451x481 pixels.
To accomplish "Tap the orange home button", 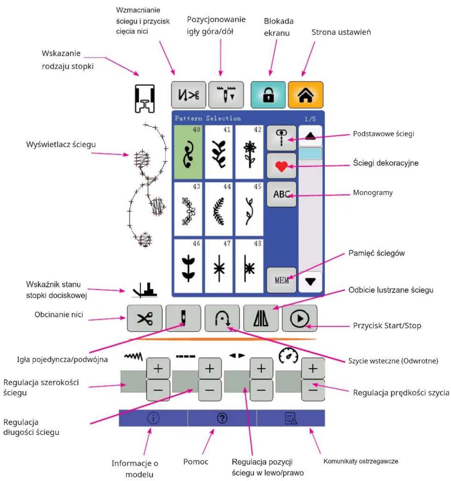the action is click(305, 95).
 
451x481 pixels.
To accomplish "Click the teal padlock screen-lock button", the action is click(268, 95).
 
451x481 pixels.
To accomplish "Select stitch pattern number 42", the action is click(249, 152).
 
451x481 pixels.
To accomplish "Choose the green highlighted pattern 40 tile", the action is click(188, 152).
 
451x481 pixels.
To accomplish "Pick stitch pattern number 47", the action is click(219, 266).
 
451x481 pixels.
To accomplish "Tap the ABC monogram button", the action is click(281, 194).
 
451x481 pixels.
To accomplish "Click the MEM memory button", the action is click(281, 280).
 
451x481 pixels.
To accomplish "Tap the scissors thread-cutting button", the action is click(144, 318).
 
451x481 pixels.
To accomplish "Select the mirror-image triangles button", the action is click(261, 318).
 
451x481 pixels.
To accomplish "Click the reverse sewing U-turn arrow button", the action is click(222, 318).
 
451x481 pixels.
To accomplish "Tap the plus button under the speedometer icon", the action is click(313, 368).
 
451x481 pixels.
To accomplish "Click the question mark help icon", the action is click(222, 418).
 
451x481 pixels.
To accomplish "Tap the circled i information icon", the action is click(153, 418).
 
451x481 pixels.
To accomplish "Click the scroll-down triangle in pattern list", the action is click(311, 282).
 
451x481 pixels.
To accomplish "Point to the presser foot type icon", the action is click(144, 99).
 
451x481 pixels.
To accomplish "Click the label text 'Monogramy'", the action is click(372, 193).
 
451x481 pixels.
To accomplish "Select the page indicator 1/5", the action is click(310, 119).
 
